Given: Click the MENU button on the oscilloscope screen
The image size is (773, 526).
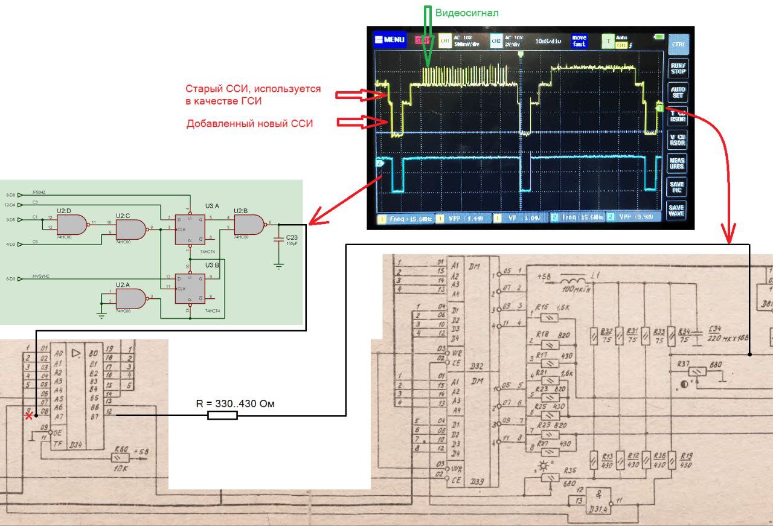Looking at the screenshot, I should pos(390,40).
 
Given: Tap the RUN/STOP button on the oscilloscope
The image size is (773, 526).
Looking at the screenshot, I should pos(678,68).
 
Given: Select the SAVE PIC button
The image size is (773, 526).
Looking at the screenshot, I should pos(678,186).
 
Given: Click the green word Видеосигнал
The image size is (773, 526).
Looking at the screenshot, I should pos(467,13).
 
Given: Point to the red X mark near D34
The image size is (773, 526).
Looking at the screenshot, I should pos(28,415).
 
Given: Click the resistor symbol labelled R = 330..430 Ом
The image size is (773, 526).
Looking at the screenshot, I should pos(222,415).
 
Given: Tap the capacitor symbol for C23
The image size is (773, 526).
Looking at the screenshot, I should pos(278,240).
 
